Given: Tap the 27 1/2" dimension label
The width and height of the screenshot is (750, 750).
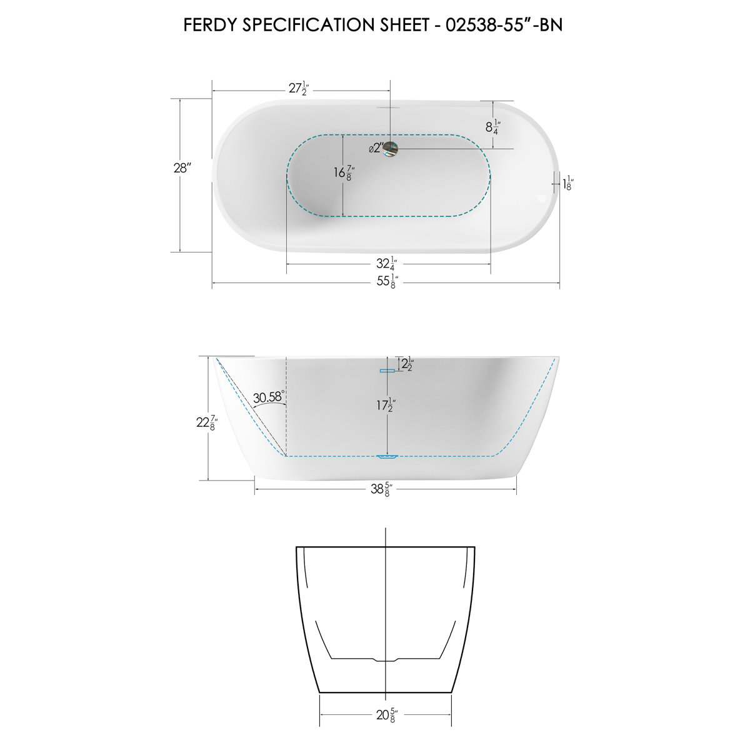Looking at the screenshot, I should coord(299,89).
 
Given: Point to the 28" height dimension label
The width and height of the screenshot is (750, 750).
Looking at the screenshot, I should coord(182,168).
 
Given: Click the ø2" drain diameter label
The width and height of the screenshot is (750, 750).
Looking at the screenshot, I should coord(376,149).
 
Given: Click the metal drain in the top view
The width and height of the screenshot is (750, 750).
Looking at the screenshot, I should coord(391,149).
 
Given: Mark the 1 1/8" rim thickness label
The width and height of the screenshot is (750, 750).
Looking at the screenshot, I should coord(568,184).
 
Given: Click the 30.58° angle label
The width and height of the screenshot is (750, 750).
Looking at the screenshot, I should coord(269,397).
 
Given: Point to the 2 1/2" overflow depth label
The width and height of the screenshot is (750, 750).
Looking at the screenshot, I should coord(407,364).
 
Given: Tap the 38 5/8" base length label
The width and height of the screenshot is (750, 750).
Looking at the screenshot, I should coord(380,489).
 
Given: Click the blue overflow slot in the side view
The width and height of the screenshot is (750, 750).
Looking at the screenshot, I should coord(387,371).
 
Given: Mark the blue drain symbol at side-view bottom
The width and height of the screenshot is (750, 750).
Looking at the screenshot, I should coord(387,457).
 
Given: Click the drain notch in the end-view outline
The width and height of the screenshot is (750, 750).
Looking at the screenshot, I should coord(386,660).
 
